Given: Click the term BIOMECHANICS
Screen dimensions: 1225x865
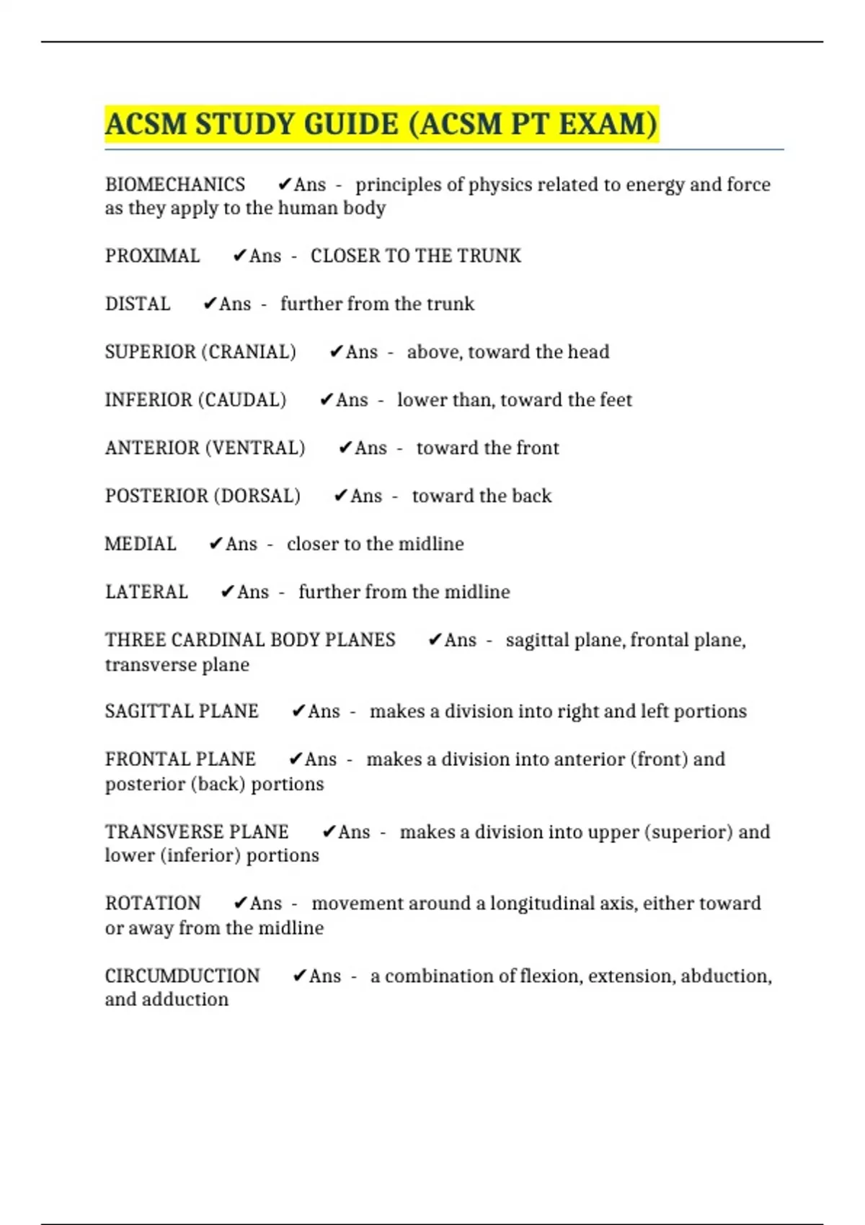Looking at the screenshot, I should (175, 184).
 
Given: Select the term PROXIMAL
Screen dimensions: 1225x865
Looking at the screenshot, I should (153, 256).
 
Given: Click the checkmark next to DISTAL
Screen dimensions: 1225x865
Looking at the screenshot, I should (210, 304).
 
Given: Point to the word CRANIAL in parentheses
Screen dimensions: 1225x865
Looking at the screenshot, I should (249, 352).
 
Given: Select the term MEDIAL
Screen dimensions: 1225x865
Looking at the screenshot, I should (141, 544).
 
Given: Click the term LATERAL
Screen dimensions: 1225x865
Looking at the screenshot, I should (146, 592).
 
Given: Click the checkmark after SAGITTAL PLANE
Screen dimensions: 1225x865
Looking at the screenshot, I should (298, 711).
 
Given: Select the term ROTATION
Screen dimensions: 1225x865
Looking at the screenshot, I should (153, 904).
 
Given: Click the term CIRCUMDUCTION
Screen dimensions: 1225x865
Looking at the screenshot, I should (182, 976).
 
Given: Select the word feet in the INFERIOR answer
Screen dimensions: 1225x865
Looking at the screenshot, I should (615, 400).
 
